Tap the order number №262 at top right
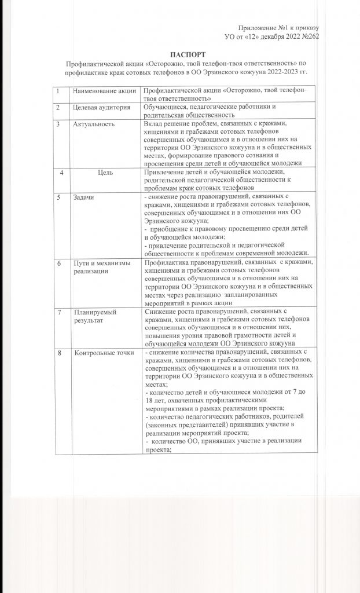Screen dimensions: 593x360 click(x=310, y=36)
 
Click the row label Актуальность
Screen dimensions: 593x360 click(x=93, y=124)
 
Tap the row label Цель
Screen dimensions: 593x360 click(x=105, y=172)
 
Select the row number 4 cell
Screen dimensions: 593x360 click(x=62, y=172)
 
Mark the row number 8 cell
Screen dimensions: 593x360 click(x=59, y=353)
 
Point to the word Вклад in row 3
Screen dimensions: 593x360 click(x=153, y=124)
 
